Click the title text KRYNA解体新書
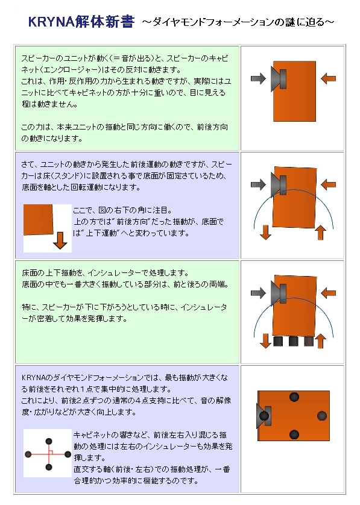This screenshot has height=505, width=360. tap(81, 22)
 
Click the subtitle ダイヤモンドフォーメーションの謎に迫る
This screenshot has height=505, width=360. tap(238, 22)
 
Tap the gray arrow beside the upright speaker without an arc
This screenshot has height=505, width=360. tap(258, 78)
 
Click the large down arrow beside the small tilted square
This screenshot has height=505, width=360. tap(60, 240)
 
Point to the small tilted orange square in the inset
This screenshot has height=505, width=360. tap(39, 219)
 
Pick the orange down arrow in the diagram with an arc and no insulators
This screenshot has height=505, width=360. tap(265, 232)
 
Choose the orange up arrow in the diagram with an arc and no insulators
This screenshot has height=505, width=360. tap(320, 233)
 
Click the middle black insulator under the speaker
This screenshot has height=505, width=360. tap(294, 341)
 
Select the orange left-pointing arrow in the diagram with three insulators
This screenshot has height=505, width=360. tap(329, 293)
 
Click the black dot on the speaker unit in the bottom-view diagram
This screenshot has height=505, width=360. tap(264, 415)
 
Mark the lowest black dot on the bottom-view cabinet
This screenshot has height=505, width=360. tap(294, 434)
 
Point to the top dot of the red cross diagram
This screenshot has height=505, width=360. tap(49, 441)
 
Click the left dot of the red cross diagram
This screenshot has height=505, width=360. tap(28, 454)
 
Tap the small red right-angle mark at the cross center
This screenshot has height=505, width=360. tap(51, 452)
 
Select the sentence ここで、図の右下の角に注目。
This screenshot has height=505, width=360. tap(123, 210)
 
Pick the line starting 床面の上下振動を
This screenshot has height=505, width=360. tap(106, 273)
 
